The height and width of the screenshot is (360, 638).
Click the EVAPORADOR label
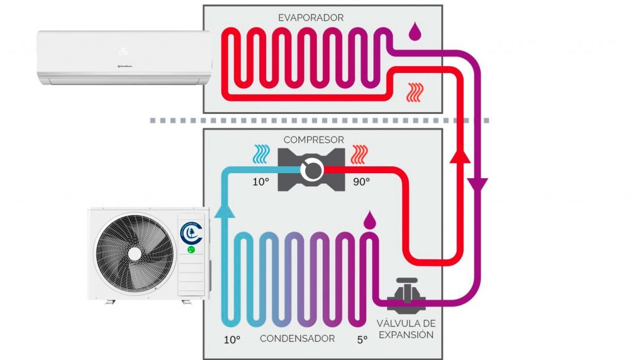[310, 18]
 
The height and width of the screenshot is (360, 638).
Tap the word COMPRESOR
[313, 140]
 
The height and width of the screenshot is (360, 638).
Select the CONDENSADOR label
[297, 339]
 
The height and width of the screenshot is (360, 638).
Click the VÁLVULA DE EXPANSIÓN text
[406, 329]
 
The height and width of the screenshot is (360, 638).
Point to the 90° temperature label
[361, 182]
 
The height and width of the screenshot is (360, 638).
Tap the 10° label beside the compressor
[260, 182]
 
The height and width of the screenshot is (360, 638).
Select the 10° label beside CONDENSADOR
[232, 339]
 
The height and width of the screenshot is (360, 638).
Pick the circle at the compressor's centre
[312, 168]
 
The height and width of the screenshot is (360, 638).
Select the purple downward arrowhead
[478, 184]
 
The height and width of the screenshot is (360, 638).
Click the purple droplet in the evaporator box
[413, 31]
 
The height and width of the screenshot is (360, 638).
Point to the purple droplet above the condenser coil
[370, 219]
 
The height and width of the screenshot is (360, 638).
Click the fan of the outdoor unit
[134, 253]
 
